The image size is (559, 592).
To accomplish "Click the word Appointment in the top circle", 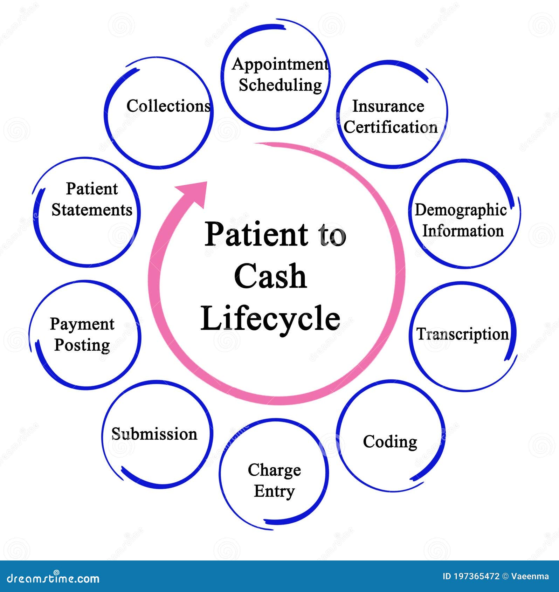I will [x=280, y=64].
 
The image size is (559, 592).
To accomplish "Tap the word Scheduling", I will [x=280, y=85].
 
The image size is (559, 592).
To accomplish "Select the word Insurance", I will [x=388, y=106].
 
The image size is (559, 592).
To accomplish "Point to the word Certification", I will [x=391, y=127].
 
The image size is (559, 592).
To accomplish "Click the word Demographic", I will [x=461, y=210].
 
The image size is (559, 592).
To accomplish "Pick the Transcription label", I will [x=462, y=334].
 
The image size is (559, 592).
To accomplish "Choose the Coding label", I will [x=390, y=441].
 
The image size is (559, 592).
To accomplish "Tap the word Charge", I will [x=274, y=470].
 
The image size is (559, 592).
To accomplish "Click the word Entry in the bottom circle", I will [x=274, y=491].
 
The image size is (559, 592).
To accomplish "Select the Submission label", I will [x=154, y=434].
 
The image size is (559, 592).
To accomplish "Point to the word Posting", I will [x=82, y=345].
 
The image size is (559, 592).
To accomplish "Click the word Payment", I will [x=82, y=324].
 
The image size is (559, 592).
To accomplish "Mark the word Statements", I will [x=92, y=210].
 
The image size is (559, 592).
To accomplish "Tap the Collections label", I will [x=168, y=106].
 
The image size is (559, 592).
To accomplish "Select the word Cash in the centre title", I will [x=270, y=277].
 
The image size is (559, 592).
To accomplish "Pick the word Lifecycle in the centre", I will [x=270, y=318].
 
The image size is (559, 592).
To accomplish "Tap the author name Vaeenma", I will [x=530, y=576].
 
